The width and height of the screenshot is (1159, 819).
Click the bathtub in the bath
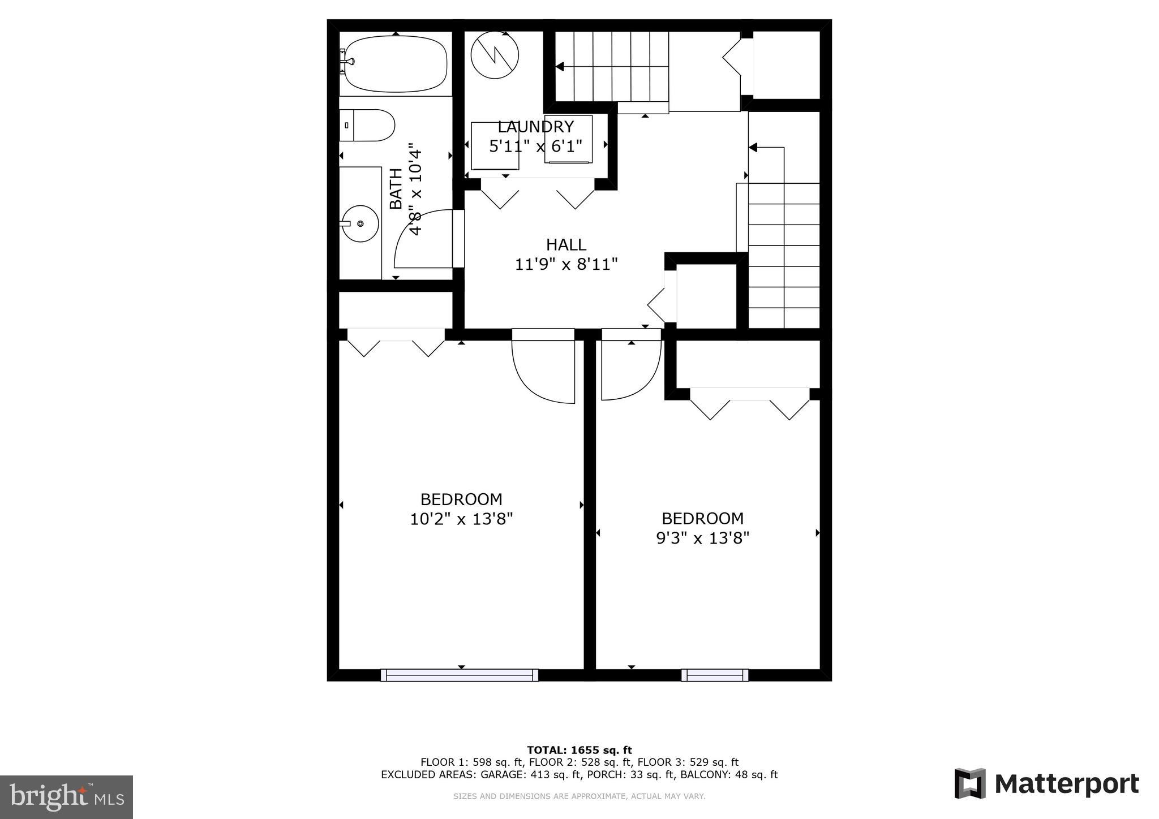tap(396, 64)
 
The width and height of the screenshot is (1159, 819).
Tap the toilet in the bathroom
tap(368, 126)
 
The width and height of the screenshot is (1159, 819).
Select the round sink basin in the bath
tap(360, 224)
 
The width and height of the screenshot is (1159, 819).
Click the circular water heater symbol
tap(495, 55)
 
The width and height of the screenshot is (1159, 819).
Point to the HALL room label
tap(566, 245)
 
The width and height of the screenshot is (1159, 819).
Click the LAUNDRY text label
tap(535, 127)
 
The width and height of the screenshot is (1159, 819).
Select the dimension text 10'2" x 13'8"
tap(461, 519)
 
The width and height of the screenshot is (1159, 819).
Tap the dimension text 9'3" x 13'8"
tap(702, 537)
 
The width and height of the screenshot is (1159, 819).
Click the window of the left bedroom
tap(460, 675)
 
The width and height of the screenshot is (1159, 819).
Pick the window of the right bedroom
tap(715, 675)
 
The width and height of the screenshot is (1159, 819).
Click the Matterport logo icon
tap(970, 783)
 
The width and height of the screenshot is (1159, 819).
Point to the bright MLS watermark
tap(66, 797)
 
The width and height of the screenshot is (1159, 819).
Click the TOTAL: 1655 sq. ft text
tap(579, 751)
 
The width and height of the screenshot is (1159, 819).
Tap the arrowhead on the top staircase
tap(560, 67)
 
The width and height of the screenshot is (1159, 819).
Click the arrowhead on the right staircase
tap(753, 148)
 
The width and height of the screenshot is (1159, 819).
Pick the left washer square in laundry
tap(495, 145)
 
